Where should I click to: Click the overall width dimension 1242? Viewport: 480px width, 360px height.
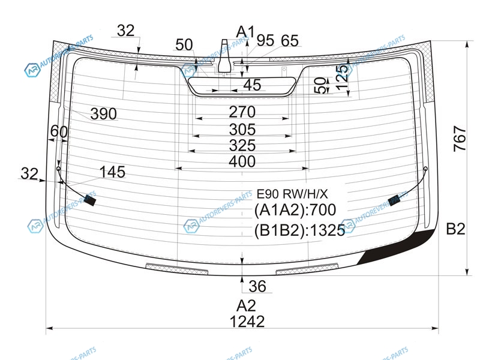pos(247,322)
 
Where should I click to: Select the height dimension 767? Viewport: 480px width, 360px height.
pos(460,139)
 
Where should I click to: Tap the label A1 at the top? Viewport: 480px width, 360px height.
pos(245,32)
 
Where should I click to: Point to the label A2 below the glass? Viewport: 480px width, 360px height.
pos(246,305)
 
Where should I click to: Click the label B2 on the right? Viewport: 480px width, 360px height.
pos(455,229)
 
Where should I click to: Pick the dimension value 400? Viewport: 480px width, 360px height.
pos(242,161)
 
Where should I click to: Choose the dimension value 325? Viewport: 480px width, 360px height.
pos(242,145)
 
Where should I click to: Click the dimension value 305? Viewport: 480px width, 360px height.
pos(242,130)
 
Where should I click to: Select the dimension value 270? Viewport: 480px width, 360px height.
pos(242,112)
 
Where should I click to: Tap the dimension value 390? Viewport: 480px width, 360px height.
pos(103,114)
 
